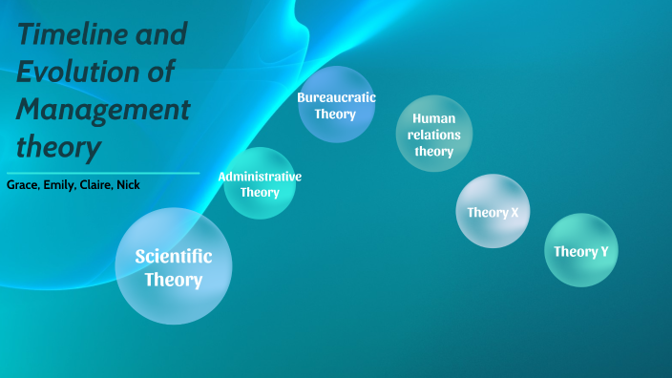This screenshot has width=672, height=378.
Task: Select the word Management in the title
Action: (103, 110)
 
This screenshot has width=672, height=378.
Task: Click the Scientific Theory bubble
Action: (174, 266)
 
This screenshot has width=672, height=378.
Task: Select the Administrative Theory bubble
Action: (260, 183)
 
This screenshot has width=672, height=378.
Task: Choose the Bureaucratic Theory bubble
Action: (336, 105)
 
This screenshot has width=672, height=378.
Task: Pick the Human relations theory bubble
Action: (434, 134)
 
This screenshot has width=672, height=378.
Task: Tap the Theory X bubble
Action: (493, 211)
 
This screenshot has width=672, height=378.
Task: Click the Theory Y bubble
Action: (581, 250)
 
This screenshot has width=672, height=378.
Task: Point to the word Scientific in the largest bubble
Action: (174, 256)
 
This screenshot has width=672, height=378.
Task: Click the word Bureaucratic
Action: (336, 97)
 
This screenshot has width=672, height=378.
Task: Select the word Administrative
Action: (260, 177)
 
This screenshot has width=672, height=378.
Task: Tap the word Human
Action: (434, 118)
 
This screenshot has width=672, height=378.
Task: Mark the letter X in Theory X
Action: (514, 212)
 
